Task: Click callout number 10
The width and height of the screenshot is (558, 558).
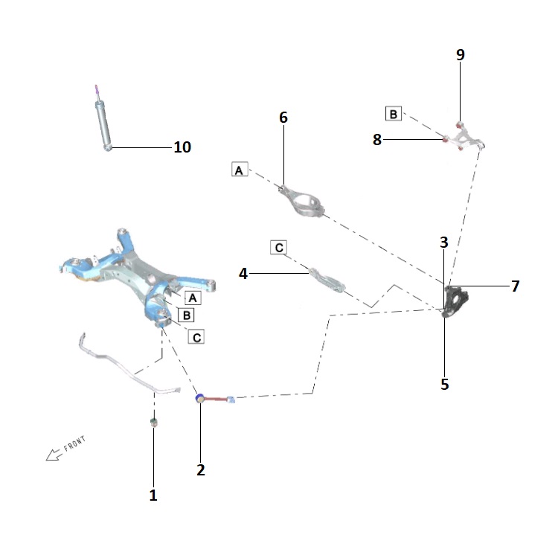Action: click(182, 147)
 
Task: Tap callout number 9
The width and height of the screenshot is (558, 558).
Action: click(460, 54)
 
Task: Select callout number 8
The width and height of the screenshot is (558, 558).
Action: click(377, 140)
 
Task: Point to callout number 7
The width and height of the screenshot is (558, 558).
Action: click(515, 286)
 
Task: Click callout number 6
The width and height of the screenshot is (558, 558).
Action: click(283, 118)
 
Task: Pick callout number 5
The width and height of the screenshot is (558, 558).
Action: click(444, 385)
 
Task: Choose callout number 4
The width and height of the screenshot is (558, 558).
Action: click(243, 274)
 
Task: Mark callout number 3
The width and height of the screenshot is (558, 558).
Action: click(443, 243)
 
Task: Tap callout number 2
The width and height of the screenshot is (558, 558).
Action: click(200, 470)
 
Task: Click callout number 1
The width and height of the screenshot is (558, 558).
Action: click(153, 495)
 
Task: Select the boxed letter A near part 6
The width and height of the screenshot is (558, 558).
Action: click(239, 170)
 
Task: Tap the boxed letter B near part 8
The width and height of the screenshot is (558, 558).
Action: click(393, 114)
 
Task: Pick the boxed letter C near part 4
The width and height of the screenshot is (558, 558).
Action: click(279, 246)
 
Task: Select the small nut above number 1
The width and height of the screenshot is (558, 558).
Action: click(153, 423)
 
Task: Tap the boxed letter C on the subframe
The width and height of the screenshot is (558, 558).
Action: click(196, 337)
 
